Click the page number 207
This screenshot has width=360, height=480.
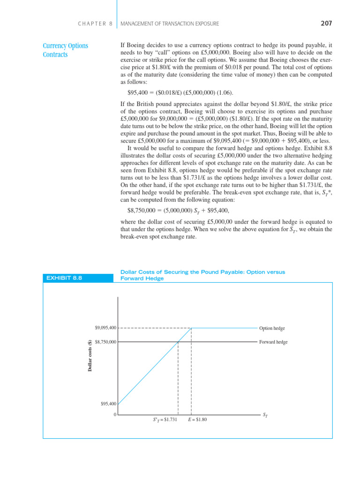326,23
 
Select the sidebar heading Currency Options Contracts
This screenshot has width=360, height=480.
66,50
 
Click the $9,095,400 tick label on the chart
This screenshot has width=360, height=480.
105,328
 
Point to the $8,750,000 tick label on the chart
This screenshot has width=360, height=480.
105,342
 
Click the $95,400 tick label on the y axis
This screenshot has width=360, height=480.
108,404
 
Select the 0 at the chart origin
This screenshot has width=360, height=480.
114,415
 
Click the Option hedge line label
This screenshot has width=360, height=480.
272,328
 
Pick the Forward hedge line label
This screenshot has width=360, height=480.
273,342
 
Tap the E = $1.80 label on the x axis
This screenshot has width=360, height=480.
197,420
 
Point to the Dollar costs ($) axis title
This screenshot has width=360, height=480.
90,356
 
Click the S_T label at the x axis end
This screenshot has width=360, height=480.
265,415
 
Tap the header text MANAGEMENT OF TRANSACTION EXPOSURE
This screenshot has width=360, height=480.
170,23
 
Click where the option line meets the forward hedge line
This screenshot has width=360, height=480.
178,342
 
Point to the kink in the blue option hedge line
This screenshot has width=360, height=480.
191,328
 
